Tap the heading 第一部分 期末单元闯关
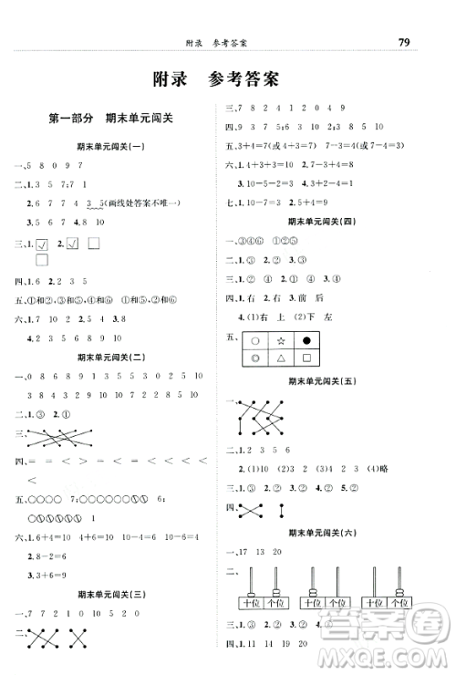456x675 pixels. pos(110,118)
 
